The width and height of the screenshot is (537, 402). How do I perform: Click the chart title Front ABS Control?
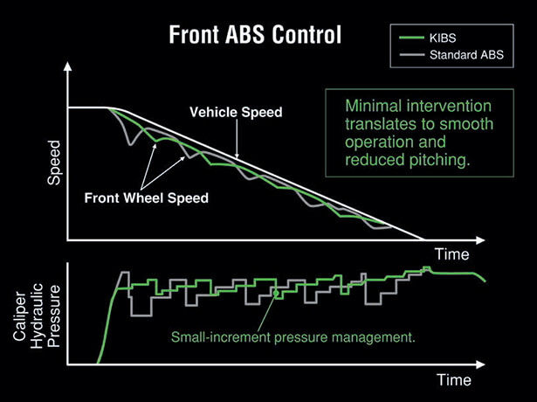coord(255,35)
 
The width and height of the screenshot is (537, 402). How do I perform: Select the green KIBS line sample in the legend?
coord(411,38)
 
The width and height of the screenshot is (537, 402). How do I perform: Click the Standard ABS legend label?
coord(466,55)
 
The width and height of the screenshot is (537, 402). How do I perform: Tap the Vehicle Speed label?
coord(236,112)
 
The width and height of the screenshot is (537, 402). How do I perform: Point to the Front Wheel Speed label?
coord(146,198)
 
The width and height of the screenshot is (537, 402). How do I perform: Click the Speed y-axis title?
coord(54,163)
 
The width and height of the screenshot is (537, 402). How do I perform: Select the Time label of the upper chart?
coord(452,254)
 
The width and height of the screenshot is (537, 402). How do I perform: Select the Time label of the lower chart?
coord(454,380)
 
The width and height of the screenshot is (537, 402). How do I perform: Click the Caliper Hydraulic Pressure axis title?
coord(37,315)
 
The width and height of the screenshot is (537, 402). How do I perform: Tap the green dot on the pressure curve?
coord(276,293)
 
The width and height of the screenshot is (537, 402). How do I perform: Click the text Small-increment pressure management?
coord(293,337)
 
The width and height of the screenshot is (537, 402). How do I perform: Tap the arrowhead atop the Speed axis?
coord(68,66)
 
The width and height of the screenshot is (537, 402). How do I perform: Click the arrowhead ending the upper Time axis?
coord(480,240)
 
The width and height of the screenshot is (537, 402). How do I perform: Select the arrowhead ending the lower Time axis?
coord(480,364)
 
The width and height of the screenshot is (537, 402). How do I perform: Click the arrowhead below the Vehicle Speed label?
coord(237,156)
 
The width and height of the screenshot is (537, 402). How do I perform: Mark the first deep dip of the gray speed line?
coord(130,144)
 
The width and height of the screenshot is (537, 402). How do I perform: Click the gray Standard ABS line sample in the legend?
coord(411,55)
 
